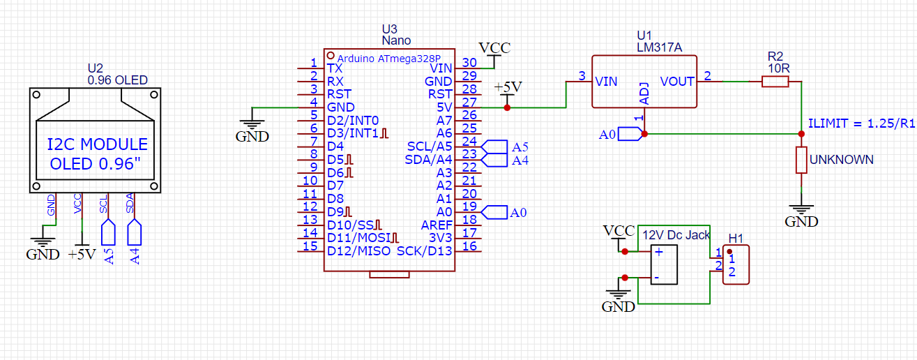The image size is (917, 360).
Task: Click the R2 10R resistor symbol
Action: tap(775, 82)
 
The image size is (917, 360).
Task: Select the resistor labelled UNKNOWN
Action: tap(801, 160)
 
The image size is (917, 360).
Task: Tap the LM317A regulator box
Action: tap(644, 82)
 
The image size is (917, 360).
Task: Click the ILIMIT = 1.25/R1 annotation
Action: tap(861, 123)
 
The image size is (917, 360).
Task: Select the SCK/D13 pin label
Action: tap(425, 250)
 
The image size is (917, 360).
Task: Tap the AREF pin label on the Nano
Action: tap(437, 225)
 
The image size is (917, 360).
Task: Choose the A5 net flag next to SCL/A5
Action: tap(495, 147)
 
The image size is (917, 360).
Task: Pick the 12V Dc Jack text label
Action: tap(676, 235)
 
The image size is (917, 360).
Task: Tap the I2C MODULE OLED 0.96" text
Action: tap(97, 154)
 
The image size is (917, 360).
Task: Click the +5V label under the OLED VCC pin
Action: tap(82, 255)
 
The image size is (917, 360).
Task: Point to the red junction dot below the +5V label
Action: tap(507, 107)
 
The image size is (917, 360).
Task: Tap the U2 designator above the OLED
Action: tap(95, 68)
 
